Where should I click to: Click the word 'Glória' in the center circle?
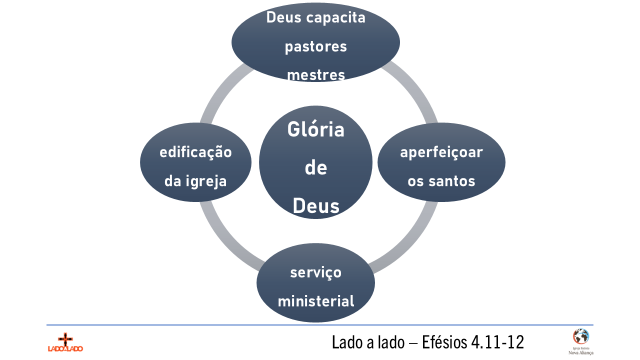pyautogui.click(x=316, y=130)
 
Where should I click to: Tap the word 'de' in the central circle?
pyautogui.click(x=316, y=167)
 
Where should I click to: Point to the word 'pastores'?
pyautogui.click(x=316, y=47)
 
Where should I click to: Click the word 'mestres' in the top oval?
pyautogui.click(x=316, y=75)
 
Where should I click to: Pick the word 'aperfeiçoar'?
pyautogui.click(x=441, y=152)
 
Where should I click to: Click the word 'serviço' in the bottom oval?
pyautogui.click(x=316, y=273)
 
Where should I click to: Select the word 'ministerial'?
pyautogui.click(x=316, y=301)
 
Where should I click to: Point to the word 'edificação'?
pyautogui.click(x=195, y=152)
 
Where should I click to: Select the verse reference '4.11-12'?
pyautogui.click(x=497, y=342)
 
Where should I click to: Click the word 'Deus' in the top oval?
pyautogui.click(x=284, y=18)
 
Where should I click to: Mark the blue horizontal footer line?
pyautogui.click(x=320, y=325)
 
